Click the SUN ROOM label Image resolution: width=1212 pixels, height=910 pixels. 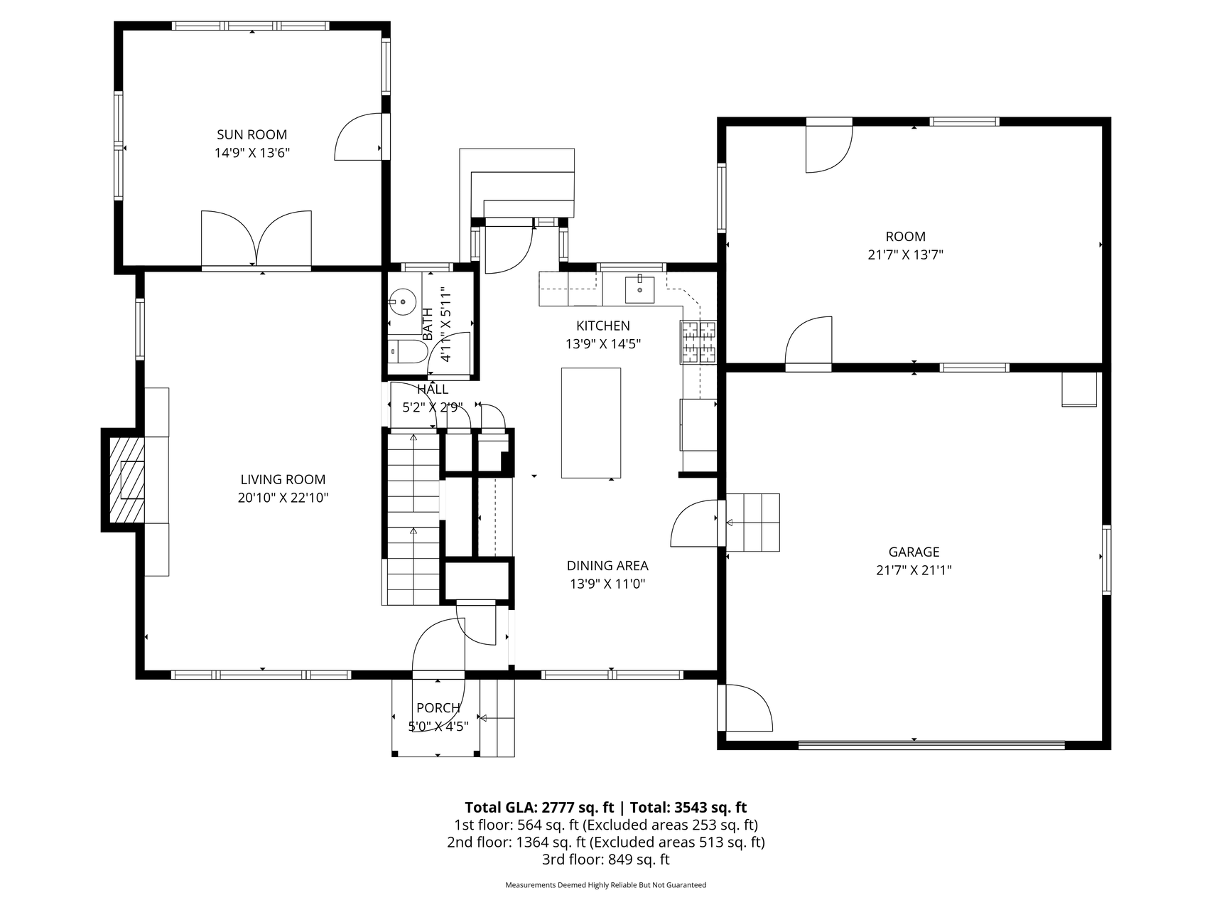pyautogui.click(x=252, y=134)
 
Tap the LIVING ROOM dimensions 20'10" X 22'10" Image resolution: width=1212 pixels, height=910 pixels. pyautogui.click(x=283, y=498)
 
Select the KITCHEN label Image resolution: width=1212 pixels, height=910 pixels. pyautogui.click(x=603, y=326)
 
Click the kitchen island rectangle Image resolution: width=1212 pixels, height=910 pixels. pyautogui.click(x=591, y=423)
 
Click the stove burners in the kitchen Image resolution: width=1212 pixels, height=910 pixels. pyautogui.click(x=699, y=343)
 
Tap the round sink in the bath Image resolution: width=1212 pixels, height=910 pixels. pyautogui.click(x=403, y=301)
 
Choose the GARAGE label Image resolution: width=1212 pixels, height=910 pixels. pyautogui.click(x=914, y=552)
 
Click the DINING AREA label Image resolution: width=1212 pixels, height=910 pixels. pyautogui.click(x=607, y=566)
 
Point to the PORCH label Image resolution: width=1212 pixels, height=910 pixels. pyautogui.click(x=438, y=708)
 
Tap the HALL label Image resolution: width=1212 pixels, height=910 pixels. pyautogui.click(x=433, y=390)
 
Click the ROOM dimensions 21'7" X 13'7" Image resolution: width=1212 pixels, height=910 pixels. pyautogui.click(x=906, y=255)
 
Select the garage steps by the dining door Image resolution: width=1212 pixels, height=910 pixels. pyautogui.click(x=753, y=523)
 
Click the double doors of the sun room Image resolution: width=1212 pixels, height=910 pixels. pyautogui.click(x=256, y=240)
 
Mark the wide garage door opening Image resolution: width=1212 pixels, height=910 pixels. pyautogui.click(x=931, y=745)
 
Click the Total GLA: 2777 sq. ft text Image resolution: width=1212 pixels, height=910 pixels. pyautogui.click(x=539, y=808)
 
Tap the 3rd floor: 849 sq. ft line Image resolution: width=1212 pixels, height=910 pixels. pyautogui.click(x=606, y=860)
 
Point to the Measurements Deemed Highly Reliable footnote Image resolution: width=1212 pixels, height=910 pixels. pyautogui.click(x=606, y=885)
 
